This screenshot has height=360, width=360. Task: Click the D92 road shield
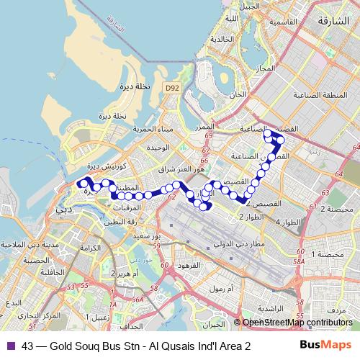click(170, 88)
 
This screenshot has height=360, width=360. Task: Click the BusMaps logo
click(320, 346)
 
